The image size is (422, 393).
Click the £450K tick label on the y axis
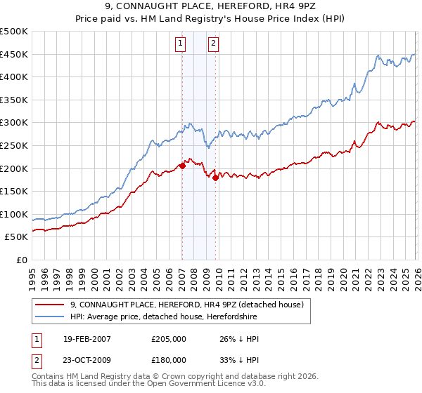pyautogui.click(x=14, y=54)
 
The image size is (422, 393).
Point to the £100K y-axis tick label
pyautogui.click(x=14, y=214)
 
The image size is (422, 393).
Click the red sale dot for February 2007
pyautogui.click(x=182, y=166)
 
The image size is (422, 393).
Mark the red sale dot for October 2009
pyautogui.click(x=215, y=178)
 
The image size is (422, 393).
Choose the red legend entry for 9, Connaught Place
pyautogui.click(x=186, y=305)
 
